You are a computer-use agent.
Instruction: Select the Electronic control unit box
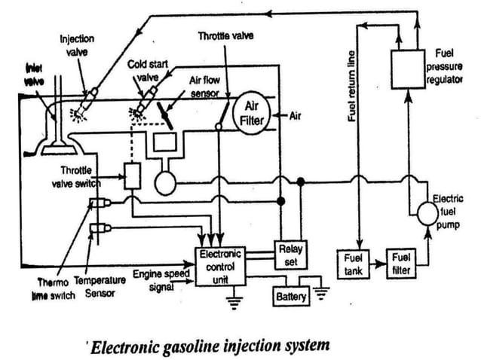[219, 267]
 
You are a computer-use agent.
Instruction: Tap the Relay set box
[290, 254]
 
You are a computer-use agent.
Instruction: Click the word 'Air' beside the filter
[296, 115]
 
